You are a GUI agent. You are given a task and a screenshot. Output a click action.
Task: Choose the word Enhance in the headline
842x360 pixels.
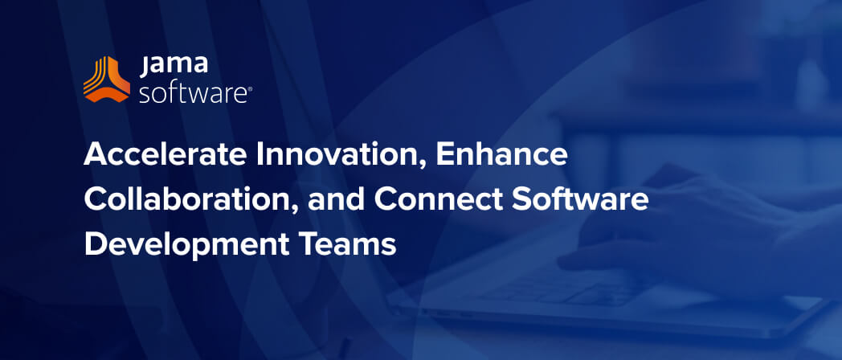(503, 155)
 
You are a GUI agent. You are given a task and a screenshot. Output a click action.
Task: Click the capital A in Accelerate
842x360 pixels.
(95, 155)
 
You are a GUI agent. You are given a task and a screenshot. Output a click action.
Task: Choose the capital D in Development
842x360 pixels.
(93, 244)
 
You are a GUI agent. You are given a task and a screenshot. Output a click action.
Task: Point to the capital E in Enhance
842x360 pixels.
(444, 155)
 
